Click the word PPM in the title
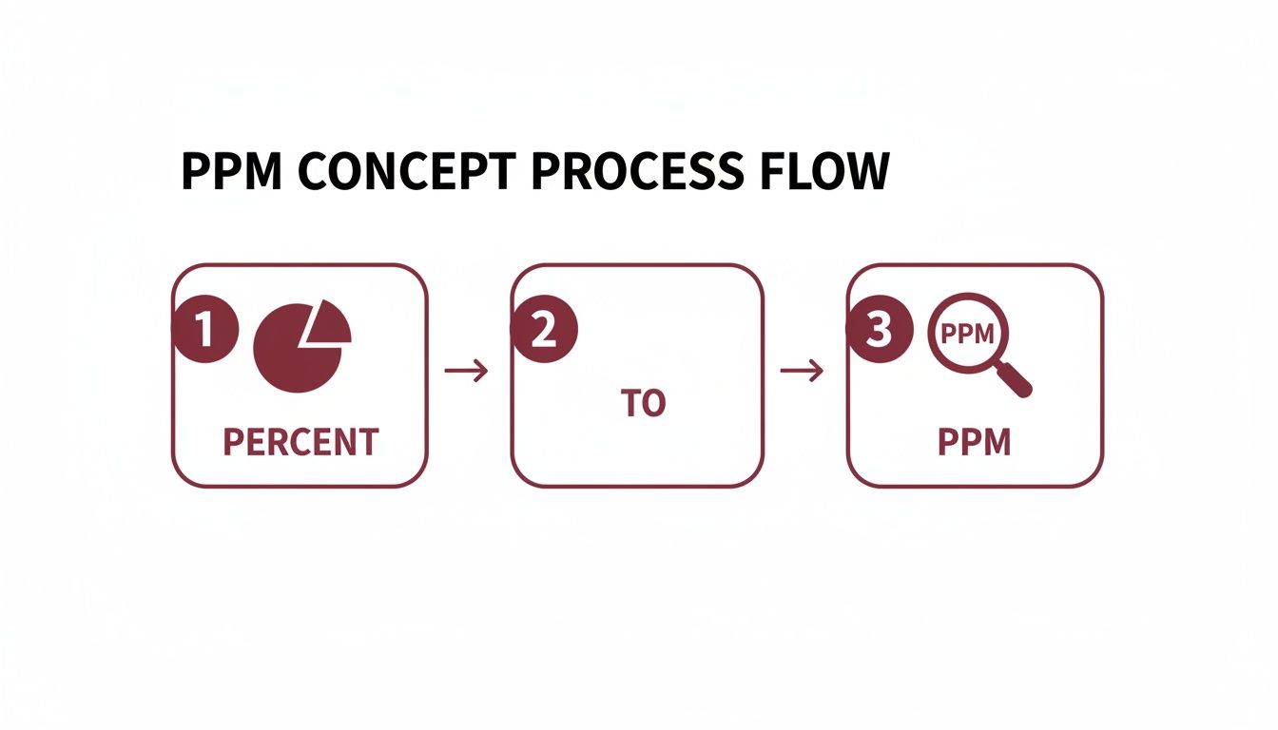(232, 171)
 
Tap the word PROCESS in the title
(637, 171)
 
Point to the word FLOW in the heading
(824, 171)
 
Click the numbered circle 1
(205, 329)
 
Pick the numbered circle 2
(544, 329)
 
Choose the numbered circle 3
(880, 329)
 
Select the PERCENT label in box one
(300, 442)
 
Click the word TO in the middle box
(643, 403)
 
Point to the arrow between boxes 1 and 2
(467, 371)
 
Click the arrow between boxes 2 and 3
(802, 371)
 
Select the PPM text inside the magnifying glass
(967, 335)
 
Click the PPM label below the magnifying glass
(975, 442)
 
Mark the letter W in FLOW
(863, 171)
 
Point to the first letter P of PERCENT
(234, 442)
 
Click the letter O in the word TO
(653, 403)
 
